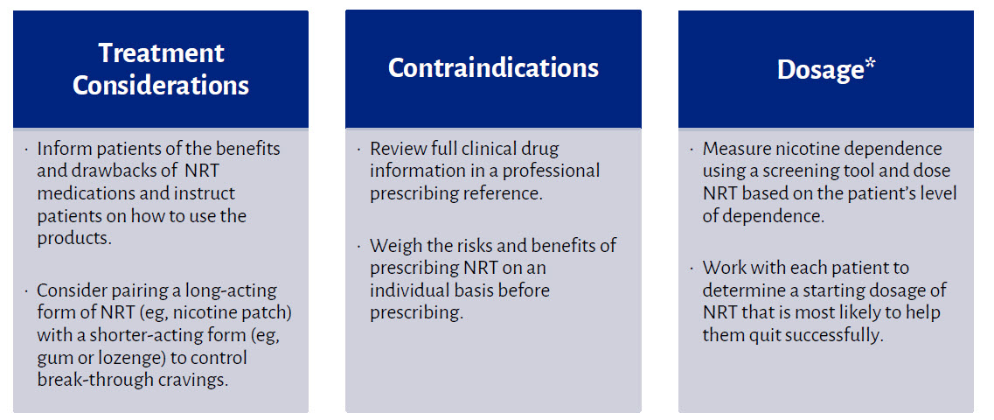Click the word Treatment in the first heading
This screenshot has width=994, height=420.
(x=161, y=53)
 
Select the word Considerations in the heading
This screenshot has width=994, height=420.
(x=161, y=86)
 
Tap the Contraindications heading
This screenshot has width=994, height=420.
(x=493, y=68)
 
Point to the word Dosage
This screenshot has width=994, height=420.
(x=820, y=70)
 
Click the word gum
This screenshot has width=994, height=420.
(x=54, y=358)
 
